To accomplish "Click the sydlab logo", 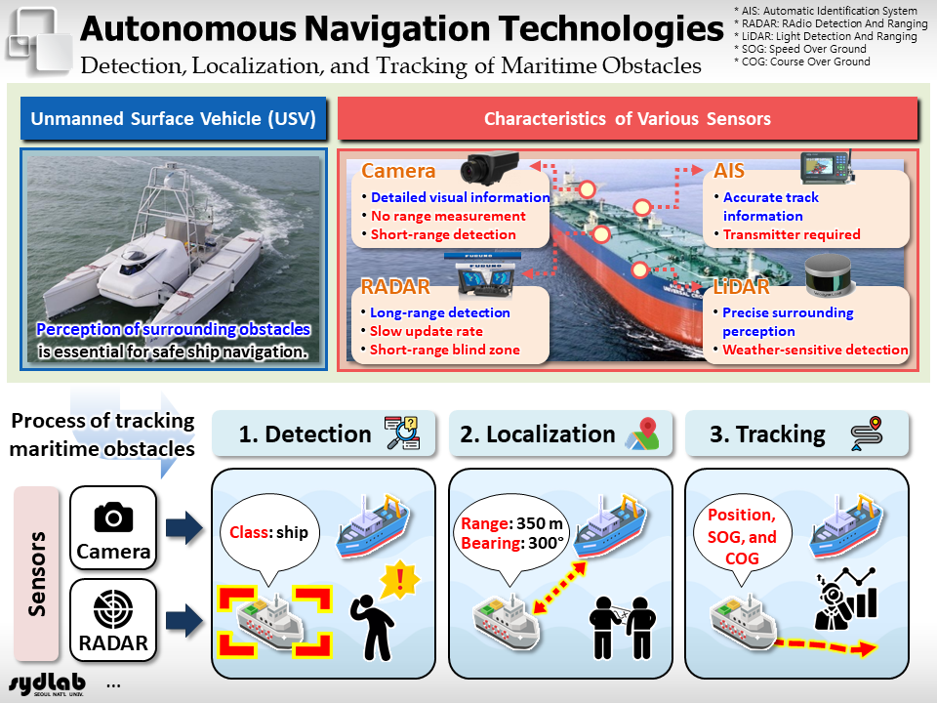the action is click(47, 684).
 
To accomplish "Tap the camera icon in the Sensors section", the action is click(113, 517).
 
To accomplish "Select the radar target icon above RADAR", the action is click(113, 609).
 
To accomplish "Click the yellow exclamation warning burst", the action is click(400, 579).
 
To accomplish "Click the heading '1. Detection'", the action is click(305, 434).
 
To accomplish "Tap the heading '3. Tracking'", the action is click(767, 434).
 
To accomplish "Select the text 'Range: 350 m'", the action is click(512, 523).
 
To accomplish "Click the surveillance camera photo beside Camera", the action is click(489, 167).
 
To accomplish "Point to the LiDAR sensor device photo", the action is click(827, 275).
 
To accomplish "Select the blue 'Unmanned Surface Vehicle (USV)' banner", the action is click(174, 118).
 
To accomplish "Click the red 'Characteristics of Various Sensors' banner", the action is click(628, 118).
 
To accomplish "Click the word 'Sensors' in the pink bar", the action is click(36, 574).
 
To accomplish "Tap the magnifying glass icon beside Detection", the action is click(401, 433).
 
